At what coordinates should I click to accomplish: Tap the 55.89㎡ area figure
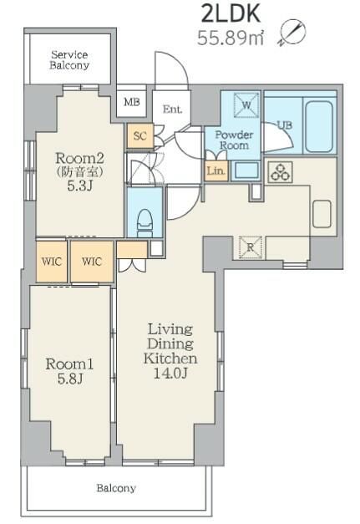(231, 38)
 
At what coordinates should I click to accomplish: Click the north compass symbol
(292, 33)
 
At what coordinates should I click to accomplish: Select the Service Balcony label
(69, 60)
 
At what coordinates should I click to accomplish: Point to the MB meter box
(132, 101)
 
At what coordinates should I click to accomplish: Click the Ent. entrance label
(172, 109)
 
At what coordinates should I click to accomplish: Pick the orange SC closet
(140, 135)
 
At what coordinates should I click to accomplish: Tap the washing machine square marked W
(246, 105)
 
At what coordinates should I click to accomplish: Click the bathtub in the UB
(319, 126)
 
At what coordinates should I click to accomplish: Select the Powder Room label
(234, 140)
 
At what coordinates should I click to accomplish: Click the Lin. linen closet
(216, 170)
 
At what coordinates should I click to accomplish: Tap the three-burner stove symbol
(280, 172)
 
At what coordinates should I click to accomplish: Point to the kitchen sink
(322, 214)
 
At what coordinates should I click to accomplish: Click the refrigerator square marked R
(251, 247)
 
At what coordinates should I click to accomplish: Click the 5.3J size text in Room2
(79, 186)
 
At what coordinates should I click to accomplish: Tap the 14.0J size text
(170, 374)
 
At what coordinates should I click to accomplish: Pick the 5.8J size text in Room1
(70, 379)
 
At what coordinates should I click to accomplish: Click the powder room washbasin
(246, 170)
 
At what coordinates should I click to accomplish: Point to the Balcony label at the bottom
(116, 488)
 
